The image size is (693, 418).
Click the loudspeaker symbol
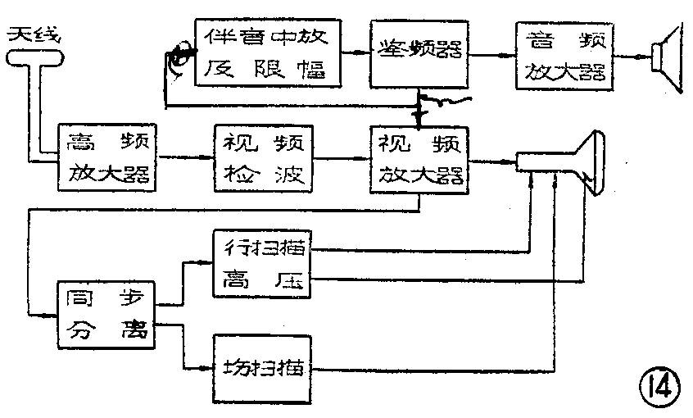point(664,56)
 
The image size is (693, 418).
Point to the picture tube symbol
point(573,162)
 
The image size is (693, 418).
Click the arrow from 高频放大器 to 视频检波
point(184,157)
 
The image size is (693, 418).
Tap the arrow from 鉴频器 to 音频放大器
point(494,56)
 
